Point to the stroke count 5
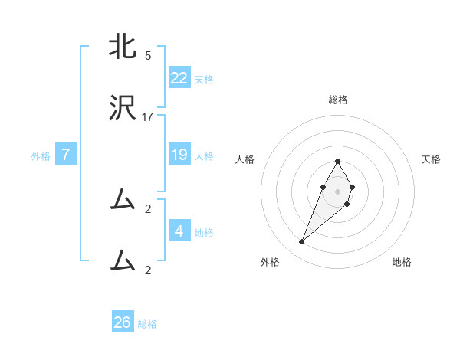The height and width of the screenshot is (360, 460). (148, 55)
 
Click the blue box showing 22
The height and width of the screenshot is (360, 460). (179, 78)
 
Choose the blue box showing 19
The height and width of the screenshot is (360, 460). (179, 155)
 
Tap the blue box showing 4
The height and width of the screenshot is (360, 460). (179, 231)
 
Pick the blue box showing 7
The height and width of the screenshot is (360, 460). (66, 155)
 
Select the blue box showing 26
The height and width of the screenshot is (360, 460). (123, 322)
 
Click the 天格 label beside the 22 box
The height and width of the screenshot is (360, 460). (204, 79)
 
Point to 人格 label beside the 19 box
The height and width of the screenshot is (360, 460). (204, 155)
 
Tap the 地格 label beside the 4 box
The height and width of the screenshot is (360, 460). (204, 232)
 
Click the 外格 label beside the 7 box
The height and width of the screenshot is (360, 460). (41, 155)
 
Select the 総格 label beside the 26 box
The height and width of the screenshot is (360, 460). (147, 323)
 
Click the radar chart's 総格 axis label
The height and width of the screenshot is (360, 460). (338, 100)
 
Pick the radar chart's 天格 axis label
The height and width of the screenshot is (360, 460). (431, 159)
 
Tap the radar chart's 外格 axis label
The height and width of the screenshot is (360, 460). (270, 262)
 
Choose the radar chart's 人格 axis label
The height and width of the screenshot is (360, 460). (245, 159)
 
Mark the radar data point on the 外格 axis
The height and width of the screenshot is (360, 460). (302, 241)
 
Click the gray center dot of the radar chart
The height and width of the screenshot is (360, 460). (337, 190)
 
